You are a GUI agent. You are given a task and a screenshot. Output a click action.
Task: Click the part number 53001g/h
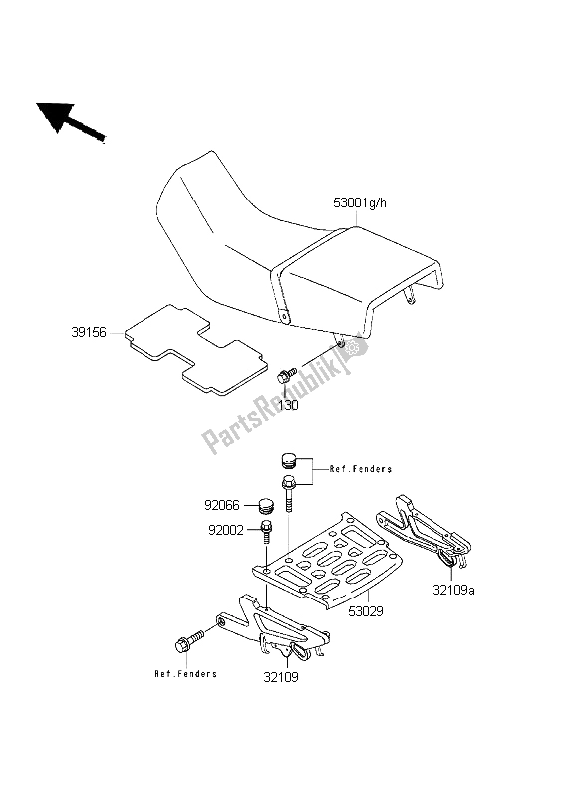tap(360, 203)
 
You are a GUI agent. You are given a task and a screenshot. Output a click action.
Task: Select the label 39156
tap(89, 333)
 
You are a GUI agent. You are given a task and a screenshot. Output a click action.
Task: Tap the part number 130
tap(288, 405)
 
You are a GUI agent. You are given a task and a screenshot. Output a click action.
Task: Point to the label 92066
tap(221, 505)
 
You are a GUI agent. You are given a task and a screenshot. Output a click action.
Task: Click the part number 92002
tap(226, 530)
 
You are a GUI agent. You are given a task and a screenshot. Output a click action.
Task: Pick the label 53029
tap(366, 611)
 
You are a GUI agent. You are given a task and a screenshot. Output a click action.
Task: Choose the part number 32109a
tap(454, 590)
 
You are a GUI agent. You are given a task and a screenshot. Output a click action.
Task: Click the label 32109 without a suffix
tap(281, 677)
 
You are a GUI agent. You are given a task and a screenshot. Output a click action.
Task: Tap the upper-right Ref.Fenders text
tap(361, 469)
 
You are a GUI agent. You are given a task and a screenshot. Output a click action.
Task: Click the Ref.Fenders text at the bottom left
tap(185, 674)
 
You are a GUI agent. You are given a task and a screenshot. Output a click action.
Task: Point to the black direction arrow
tap(70, 121)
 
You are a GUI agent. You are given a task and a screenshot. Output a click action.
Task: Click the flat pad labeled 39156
tap(195, 350)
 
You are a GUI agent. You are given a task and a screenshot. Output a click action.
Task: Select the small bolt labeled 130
tap(286, 376)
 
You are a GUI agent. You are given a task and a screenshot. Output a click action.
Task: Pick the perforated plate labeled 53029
tap(328, 561)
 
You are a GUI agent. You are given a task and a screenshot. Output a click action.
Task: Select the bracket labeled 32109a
tap(424, 531)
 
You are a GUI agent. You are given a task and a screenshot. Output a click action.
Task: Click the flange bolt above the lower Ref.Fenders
tap(189, 641)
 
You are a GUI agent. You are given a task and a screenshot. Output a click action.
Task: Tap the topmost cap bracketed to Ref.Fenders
tap(288, 460)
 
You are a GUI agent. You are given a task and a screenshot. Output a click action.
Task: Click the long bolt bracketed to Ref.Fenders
tap(289, 492)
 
